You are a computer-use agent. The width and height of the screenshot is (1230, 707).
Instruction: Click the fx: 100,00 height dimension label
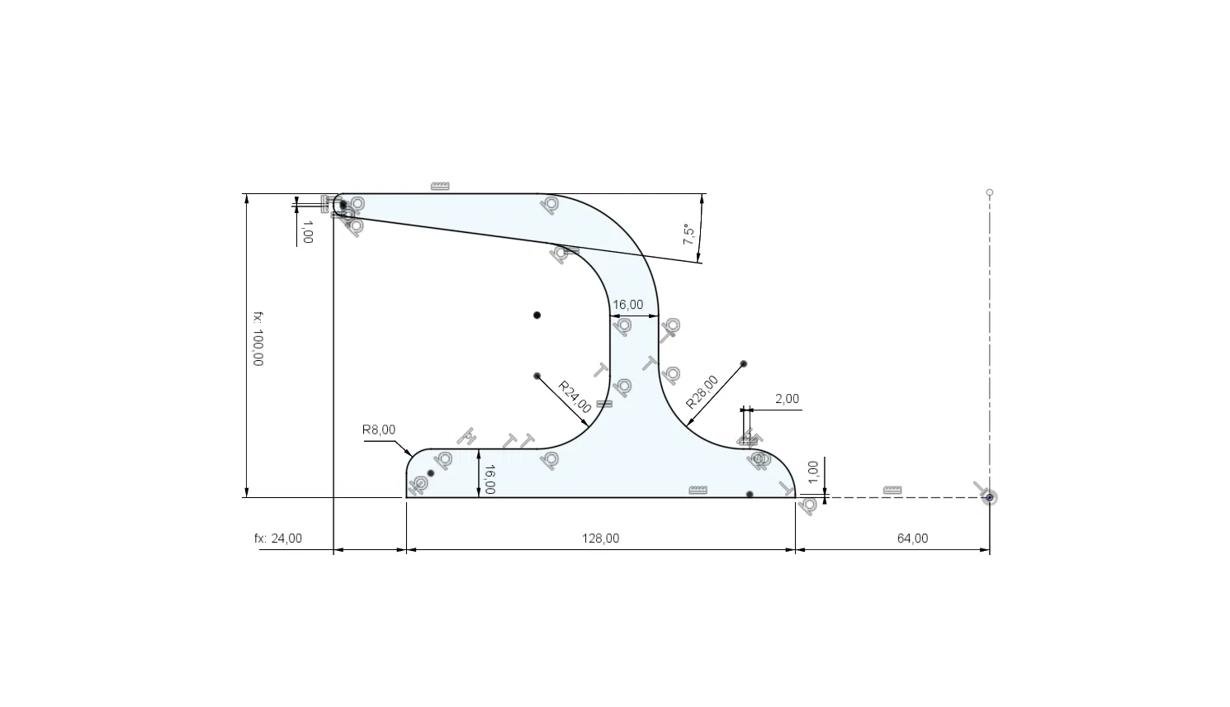coord(258,339)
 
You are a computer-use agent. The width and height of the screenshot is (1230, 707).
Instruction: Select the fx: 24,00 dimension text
coord(278,539)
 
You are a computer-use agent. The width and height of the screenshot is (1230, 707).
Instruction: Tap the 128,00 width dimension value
coord(600,539)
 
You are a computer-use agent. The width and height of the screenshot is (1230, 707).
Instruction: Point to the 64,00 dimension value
coord(913,539)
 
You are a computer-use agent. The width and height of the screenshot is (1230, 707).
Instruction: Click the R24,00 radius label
coord(575,396)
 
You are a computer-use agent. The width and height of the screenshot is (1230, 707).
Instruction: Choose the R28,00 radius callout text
coord(702,391)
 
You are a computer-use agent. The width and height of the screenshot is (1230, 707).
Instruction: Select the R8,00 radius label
coord(378,429)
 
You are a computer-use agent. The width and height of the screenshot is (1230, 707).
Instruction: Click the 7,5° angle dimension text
coord(688,234)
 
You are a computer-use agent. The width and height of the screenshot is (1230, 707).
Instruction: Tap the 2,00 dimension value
coord(787,399)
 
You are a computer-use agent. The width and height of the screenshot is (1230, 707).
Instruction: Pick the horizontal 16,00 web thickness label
coord(627,305)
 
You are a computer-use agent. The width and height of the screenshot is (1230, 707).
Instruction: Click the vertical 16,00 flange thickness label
coord(490,479)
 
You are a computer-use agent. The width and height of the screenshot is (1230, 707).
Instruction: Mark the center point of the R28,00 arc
coord(744,363)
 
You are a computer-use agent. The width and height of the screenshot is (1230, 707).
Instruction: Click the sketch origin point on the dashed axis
coord(990,498)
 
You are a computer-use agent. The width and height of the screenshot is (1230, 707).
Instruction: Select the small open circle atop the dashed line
coord(990,192)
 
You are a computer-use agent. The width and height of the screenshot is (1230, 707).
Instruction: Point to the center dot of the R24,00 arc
coord(537,376)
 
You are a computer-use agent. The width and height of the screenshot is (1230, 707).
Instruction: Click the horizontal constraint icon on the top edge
coord(440,186)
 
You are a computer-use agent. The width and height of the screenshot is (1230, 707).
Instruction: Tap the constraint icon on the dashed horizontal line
coord(892,490)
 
